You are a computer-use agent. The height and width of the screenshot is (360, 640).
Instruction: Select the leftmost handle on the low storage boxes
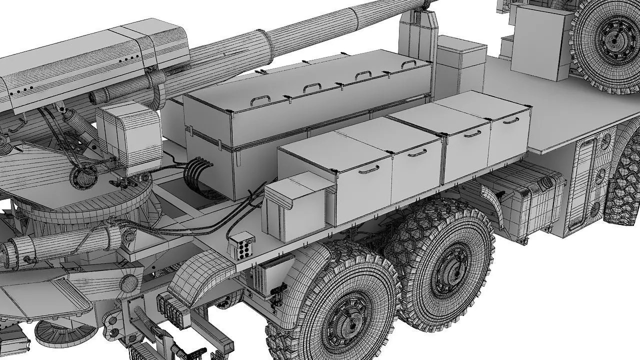pyautogui.click(x=367, y=169)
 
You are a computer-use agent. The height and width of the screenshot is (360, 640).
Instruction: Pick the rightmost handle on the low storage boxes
pyautogui.click(x=510, y=120)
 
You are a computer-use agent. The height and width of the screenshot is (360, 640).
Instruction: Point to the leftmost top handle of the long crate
pyautogui.click(x=258, y=100)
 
